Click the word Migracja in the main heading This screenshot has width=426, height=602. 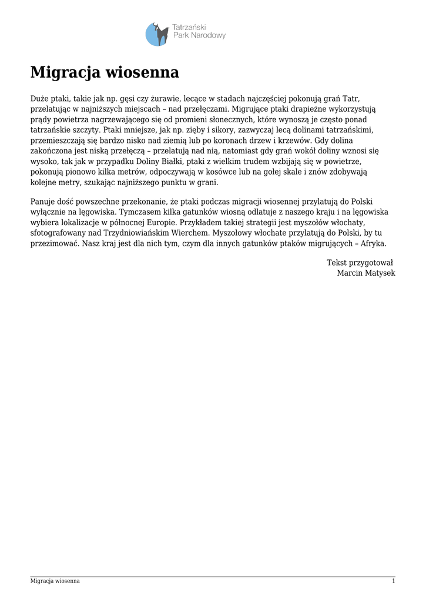point(65,73)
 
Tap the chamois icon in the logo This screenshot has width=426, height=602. point(157,34)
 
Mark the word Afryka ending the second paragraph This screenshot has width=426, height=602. point(374,243)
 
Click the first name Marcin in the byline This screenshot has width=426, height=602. point(350,273)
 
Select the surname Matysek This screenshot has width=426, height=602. point(381,273)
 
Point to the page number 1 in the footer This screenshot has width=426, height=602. point(393,581)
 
